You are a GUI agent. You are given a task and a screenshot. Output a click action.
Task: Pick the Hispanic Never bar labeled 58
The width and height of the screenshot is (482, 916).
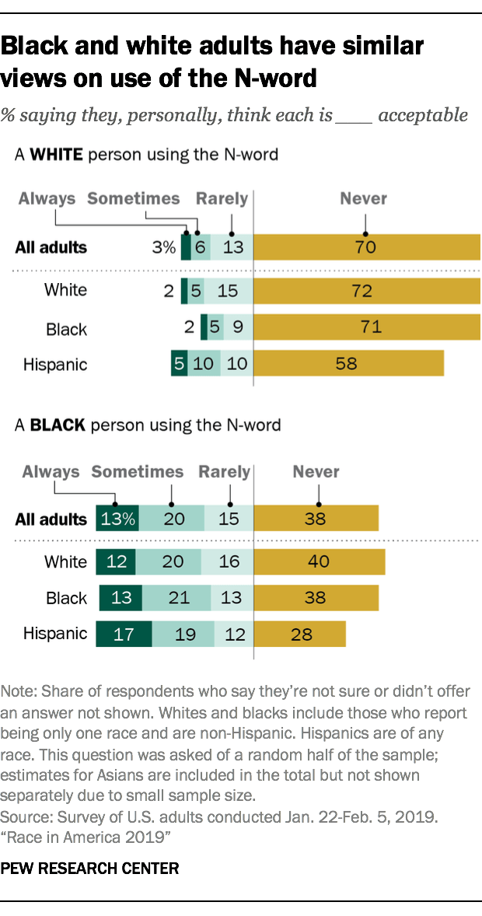coord(349,363)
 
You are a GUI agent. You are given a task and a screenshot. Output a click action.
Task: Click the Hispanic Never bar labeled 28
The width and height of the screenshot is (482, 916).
coord(300,634)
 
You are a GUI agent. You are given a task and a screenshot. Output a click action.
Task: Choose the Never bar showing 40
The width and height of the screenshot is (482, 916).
coord(320,561)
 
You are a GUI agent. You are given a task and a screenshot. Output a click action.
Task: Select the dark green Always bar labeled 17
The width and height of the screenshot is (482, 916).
coord(124,634)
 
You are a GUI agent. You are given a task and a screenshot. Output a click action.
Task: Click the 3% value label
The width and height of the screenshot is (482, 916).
coord(164,248)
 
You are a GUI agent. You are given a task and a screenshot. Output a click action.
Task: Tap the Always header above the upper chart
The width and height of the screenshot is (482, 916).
coord(47,198)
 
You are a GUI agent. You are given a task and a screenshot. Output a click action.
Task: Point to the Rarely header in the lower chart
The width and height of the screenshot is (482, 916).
coord(225,472)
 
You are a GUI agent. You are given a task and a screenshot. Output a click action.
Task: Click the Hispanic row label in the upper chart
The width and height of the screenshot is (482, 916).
coord(55,364)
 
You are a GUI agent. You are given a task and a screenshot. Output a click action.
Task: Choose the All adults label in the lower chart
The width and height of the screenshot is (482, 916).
coord(51,519)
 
